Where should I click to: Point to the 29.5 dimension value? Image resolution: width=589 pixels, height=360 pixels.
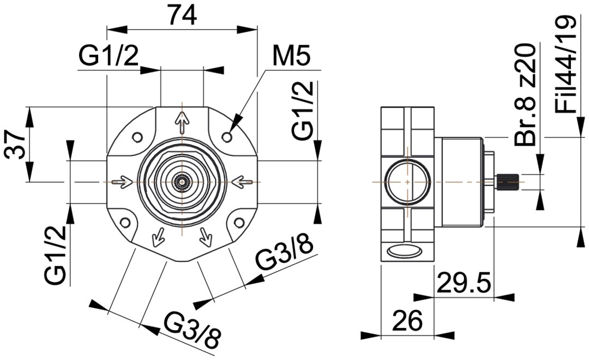pos(464,283)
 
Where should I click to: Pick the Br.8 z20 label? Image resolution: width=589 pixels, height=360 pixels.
pos(525,96)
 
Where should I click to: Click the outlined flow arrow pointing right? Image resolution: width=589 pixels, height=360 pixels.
pos(121,181)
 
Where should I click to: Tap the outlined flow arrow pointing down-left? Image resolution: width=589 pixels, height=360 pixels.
pos(157,235)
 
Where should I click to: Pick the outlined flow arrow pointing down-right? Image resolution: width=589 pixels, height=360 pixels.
pos(206,235)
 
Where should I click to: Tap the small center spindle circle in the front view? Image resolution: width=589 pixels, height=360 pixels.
pos(181,181)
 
